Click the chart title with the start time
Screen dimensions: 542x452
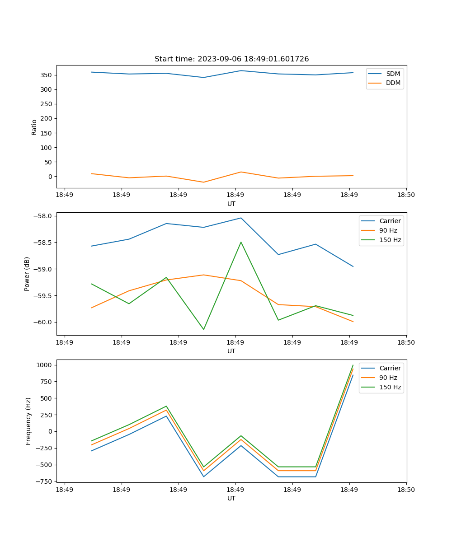click(x=231, y=59)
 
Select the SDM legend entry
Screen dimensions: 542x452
click(x=393, y=74)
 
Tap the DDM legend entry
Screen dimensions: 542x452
click(x=393, y=83)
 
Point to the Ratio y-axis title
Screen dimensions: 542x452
click(x=34, y=127)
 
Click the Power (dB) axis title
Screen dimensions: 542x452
click(x=27, y=274)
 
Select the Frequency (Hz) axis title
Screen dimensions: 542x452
click(x=28, y=421)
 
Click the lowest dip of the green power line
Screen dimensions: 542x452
click(x=203, y=329)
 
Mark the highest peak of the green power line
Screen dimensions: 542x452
click(x=241, y=242)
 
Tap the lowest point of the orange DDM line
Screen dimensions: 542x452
click(x=203, y=182)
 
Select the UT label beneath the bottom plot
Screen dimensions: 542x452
click(x=231, y=498)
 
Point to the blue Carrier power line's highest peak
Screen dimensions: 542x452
click(x=241, y=218)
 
